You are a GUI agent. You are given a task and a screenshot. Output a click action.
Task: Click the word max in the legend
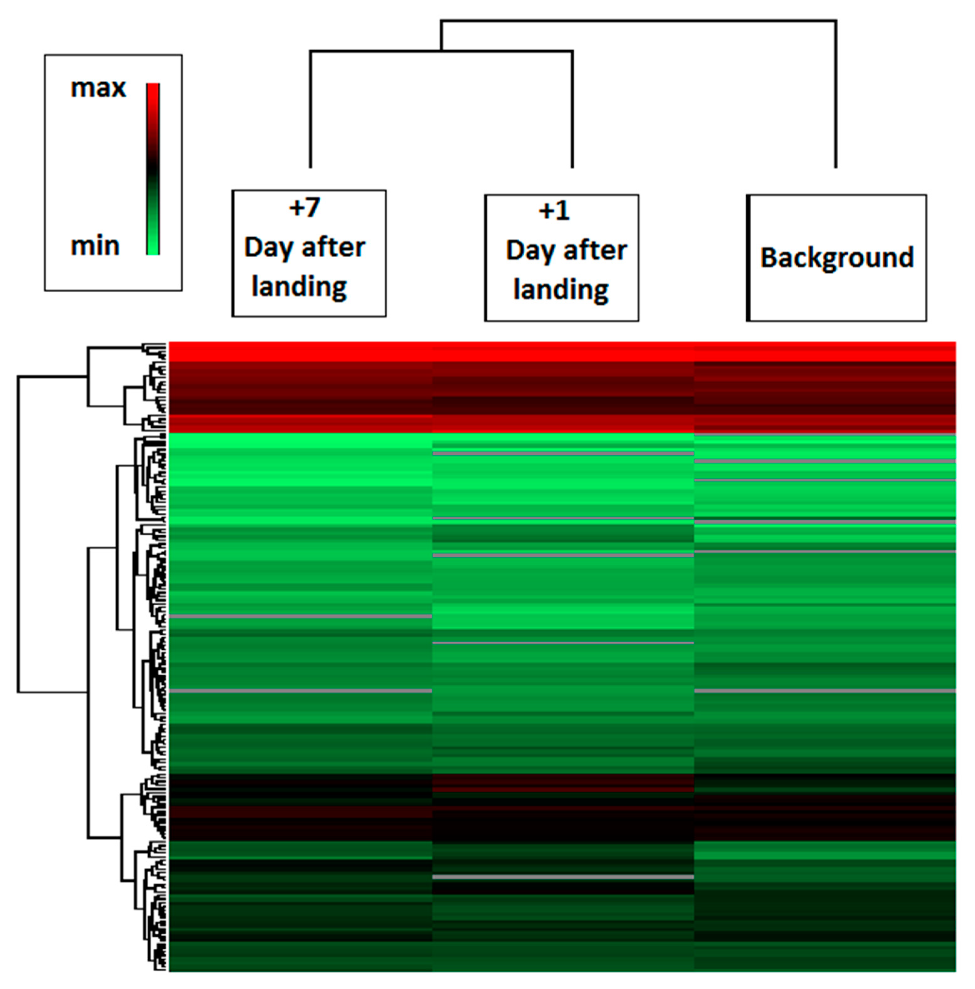pos(98,88)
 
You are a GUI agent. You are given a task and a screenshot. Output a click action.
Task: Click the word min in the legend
pos(95,246)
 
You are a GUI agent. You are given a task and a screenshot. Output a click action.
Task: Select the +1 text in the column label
pos(554,211)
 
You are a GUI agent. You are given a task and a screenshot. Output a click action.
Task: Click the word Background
pos(837,257)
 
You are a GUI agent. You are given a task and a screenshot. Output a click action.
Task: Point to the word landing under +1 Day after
pos(561,290)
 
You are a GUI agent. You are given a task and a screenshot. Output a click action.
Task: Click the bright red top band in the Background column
pos(825,352)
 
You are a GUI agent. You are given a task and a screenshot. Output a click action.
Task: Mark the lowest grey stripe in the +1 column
pos(563,877)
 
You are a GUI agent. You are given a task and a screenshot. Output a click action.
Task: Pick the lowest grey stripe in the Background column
pos(825,691)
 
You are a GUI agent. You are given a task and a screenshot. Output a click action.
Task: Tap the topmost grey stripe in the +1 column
pos(563,454)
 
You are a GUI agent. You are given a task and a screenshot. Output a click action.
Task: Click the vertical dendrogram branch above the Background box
pos(836,95)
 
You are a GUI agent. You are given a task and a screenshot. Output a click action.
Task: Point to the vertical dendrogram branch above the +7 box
pos(310,110)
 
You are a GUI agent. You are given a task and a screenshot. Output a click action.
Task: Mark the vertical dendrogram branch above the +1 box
pos(572,110)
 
